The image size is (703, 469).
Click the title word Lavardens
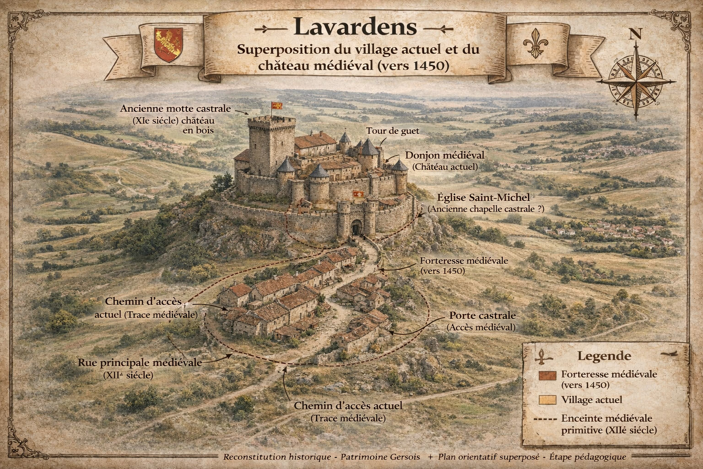pyautogui.click(x=355, y=27)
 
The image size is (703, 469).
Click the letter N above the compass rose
pyautogui.click(x=635, y=34)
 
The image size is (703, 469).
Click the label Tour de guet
pyautogui.click(x=392, y=131)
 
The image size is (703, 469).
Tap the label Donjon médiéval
pyautogui.click(x=444, y=156)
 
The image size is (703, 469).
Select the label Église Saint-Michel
pyautogui.click(x=483, y=197)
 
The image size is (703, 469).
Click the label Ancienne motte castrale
pyautogui.click(x=176, y=109)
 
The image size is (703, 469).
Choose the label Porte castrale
pyautogui.click(x=482, y=316)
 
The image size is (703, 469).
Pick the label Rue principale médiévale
pyautogui.click(x=140, y=362)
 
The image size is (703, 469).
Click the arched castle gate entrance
pyautogui.click(x=356, y=227)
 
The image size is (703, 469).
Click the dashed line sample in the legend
pyautogui.click(x=545, y=419)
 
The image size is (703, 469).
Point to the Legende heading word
pyautogui.click(x=604, y=356)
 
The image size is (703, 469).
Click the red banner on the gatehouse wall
pyautogui.click(x=357, y=195)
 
